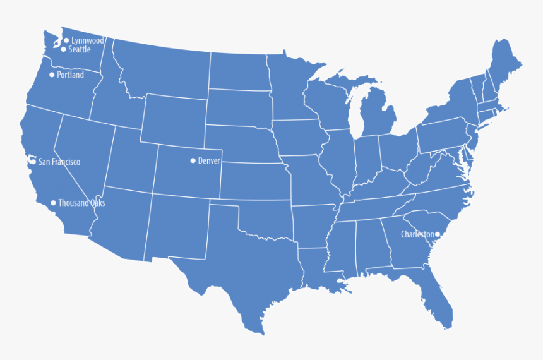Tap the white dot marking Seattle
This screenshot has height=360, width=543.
point(63,49)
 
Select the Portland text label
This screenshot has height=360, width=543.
point(70,75)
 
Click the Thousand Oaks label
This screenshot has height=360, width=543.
point(81,203)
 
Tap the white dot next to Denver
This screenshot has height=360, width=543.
point(193,160)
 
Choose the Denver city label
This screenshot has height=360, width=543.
point(209,161)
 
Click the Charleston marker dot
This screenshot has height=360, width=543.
point(438,234)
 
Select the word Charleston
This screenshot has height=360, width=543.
point(417,234)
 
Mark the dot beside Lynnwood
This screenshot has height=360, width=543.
point(66,40)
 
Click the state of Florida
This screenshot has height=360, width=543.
point(436,297)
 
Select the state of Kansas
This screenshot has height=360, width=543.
point(253,181)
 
